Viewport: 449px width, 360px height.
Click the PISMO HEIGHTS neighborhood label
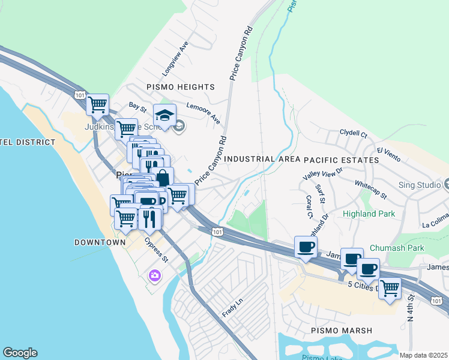tap(180, 87)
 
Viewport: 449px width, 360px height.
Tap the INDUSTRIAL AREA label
tap(262, 160)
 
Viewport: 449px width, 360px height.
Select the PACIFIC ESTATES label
tap(341, 160)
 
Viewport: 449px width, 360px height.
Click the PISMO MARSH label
tap(342, 331)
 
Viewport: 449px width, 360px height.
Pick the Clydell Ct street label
tap(353, 133)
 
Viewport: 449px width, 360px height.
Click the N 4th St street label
tap(411, 307)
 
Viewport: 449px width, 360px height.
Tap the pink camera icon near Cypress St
tap(154, 276)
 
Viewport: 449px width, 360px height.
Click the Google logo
tap(20, 353)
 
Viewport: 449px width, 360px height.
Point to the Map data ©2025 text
tap(423, 355)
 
